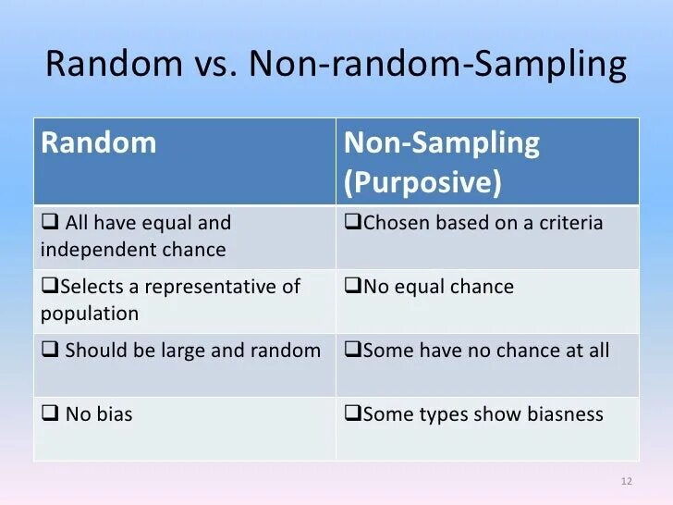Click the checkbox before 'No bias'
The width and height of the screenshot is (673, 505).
pyautogui.click(x=50, y=414)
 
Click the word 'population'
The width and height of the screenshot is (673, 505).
pyautogui.click(x=90, y=314)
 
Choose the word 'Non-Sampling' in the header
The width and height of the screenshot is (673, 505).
pyautogui.click(x=441, y=143)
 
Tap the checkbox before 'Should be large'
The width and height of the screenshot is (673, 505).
pyautogui.click(x=50, y=351)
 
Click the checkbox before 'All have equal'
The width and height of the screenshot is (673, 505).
pyautogui.click(x=50, y=223)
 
